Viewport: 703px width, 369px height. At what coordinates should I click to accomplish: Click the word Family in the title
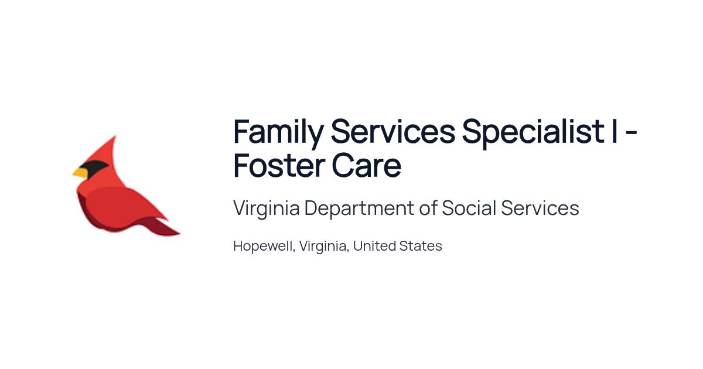coord(278,132)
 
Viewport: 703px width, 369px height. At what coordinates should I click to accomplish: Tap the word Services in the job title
coord(393,131)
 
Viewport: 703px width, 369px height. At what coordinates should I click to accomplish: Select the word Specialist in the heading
coord(533,132)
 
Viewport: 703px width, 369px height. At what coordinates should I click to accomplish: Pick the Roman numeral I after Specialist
coord(614,131)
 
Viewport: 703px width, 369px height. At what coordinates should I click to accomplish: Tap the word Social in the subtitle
coord(469,208)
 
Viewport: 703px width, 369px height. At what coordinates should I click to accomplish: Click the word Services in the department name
coord(540,208)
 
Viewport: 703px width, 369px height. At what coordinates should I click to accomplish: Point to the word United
coord(374,245)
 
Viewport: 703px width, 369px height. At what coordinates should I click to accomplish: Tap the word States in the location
coord(421,245)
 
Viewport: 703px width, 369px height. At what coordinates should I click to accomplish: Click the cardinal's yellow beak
coord(80,173)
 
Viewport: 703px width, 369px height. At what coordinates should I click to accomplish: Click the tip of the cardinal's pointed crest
coord(115,136)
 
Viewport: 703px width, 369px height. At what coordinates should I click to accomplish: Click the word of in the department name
coord(428,208)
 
